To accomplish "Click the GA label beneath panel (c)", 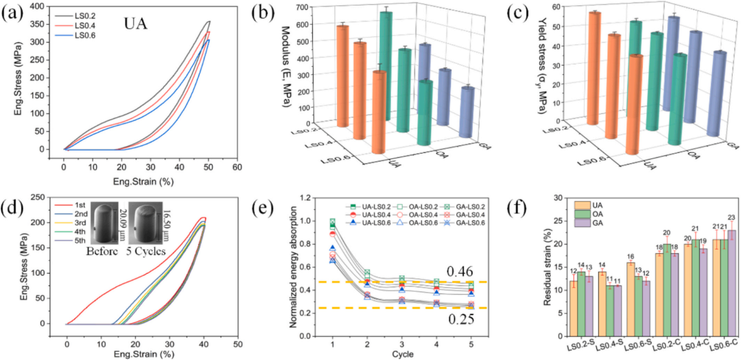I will [x=732, y=145].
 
